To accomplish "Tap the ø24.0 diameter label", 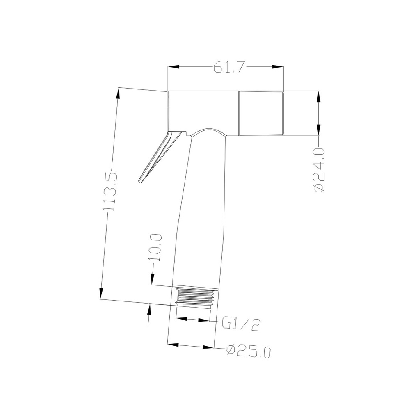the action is [x=319, y=169].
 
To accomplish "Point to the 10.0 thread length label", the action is [x=156, y=247].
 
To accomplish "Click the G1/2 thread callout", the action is [x=241, y=325].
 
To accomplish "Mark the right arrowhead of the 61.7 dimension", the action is [x=278, y=67].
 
